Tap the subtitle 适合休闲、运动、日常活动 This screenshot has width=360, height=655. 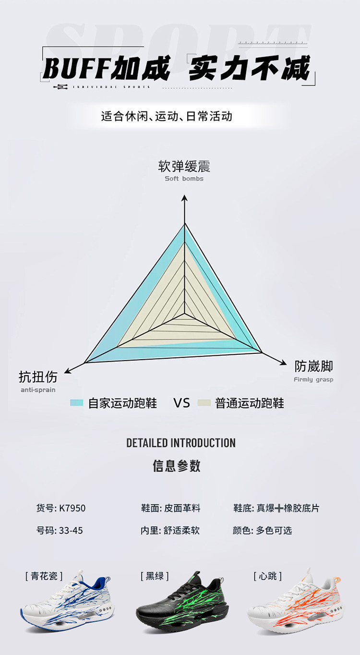click(x=167, y=116)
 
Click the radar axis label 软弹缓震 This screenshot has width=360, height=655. click(x=184, y=167)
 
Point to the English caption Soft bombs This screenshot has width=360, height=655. click(x=184, y=179)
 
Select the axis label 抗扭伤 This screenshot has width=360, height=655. click(x=38, y=376)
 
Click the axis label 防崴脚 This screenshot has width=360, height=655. click(x=314, y=366)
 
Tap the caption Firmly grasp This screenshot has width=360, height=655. click(x=313, y=379)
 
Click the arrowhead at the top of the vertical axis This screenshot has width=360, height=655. click(x=184, y=198)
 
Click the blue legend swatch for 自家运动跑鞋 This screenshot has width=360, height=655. click(x=77, y=402)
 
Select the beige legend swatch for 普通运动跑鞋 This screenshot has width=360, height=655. click(x=204, y=402)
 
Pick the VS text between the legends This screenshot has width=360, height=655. click(x=182, y=403)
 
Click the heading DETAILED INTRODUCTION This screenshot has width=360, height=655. click(x=180, y=443)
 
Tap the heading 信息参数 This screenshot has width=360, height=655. click(x=177, y=465)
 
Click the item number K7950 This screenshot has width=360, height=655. click(x=72, y=508)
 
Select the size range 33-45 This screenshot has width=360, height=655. click(x=71, y=531)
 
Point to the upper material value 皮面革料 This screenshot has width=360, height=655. click(x=182, y=508)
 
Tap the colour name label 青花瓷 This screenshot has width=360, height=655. click(x=44, y=576)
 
